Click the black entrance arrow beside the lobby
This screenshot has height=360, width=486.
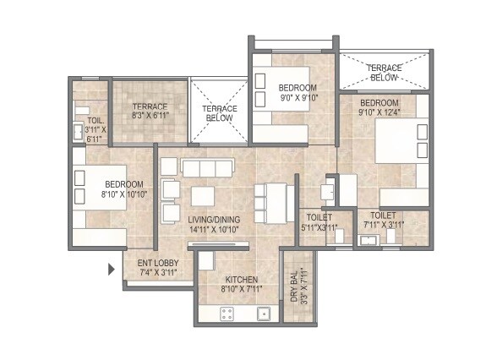pyautogui.click(x=111, y=270)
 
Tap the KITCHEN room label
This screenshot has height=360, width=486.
pyautogui.click(x=241, y=280)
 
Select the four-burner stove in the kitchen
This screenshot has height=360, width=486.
pyautogui.click(x=227, y=314)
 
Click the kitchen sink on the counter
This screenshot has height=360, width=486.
pyautogui.click(x=264, y=314)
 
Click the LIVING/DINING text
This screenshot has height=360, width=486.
pyautogui.click(x=214, y=219)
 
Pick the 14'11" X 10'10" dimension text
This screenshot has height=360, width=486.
pyautogui.click(x=214, y=229)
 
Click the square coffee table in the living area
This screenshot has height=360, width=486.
pyautogui.click(x=203, y=196)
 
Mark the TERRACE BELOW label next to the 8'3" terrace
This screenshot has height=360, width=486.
pyautogui.click(x=219, y=113)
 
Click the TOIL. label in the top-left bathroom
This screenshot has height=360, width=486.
pyautogui.click(x=83, y=109)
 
